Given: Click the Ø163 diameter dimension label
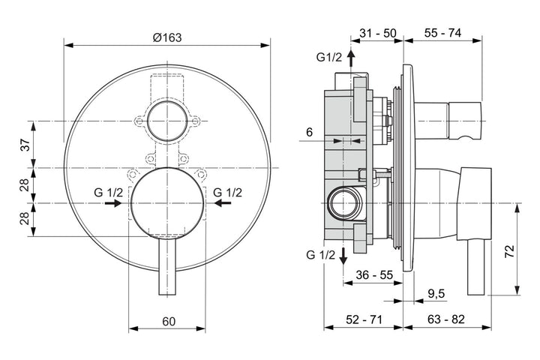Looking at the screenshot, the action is pos(167,37).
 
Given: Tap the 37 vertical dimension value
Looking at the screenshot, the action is pos(26,144).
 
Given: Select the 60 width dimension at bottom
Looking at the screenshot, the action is pos(169,321).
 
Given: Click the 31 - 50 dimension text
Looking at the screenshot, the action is pos(378,34).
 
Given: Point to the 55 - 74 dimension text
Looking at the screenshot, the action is pos(442,33).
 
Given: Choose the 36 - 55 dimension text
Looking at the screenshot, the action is pos(374,275).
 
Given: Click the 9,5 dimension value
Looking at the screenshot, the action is pos(436,294).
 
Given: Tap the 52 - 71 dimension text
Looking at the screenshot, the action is pos(364,319).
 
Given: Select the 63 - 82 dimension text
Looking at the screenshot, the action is pos(446,319).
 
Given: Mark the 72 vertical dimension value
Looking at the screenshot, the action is pos(509,251).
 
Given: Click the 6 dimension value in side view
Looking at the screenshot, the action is pos(309,132).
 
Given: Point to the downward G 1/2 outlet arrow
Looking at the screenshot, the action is pos(343,256).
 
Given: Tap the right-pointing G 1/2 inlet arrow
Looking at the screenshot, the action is pos(113,203).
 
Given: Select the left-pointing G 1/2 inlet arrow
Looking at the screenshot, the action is pos(223,203).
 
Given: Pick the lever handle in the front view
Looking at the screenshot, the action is pos(167,266).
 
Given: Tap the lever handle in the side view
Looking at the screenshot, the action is pos(476,267).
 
